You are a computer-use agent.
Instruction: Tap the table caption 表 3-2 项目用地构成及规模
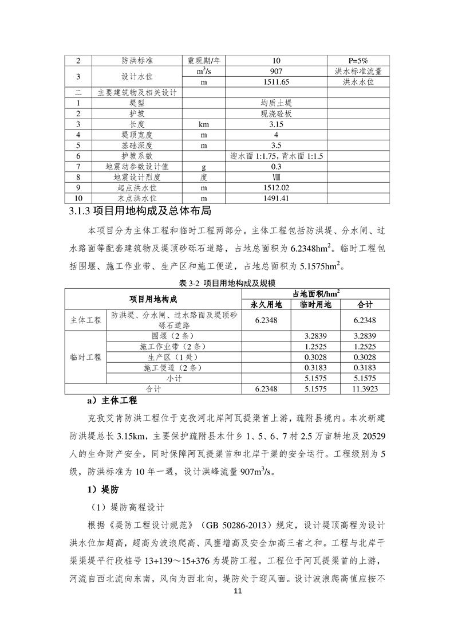click(227, 283)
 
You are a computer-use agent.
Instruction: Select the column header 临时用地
click(315, 304)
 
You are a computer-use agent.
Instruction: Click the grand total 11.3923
click(365, 389)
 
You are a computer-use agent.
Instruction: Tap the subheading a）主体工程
click(111, 399)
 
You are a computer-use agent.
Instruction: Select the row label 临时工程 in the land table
click(86, 357)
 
